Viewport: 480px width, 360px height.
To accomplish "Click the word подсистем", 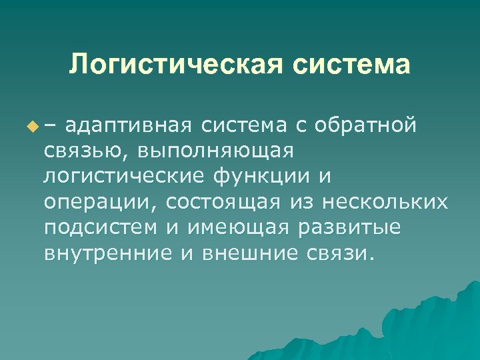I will [99, 227].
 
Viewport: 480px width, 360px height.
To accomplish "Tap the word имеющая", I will [237, 227].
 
